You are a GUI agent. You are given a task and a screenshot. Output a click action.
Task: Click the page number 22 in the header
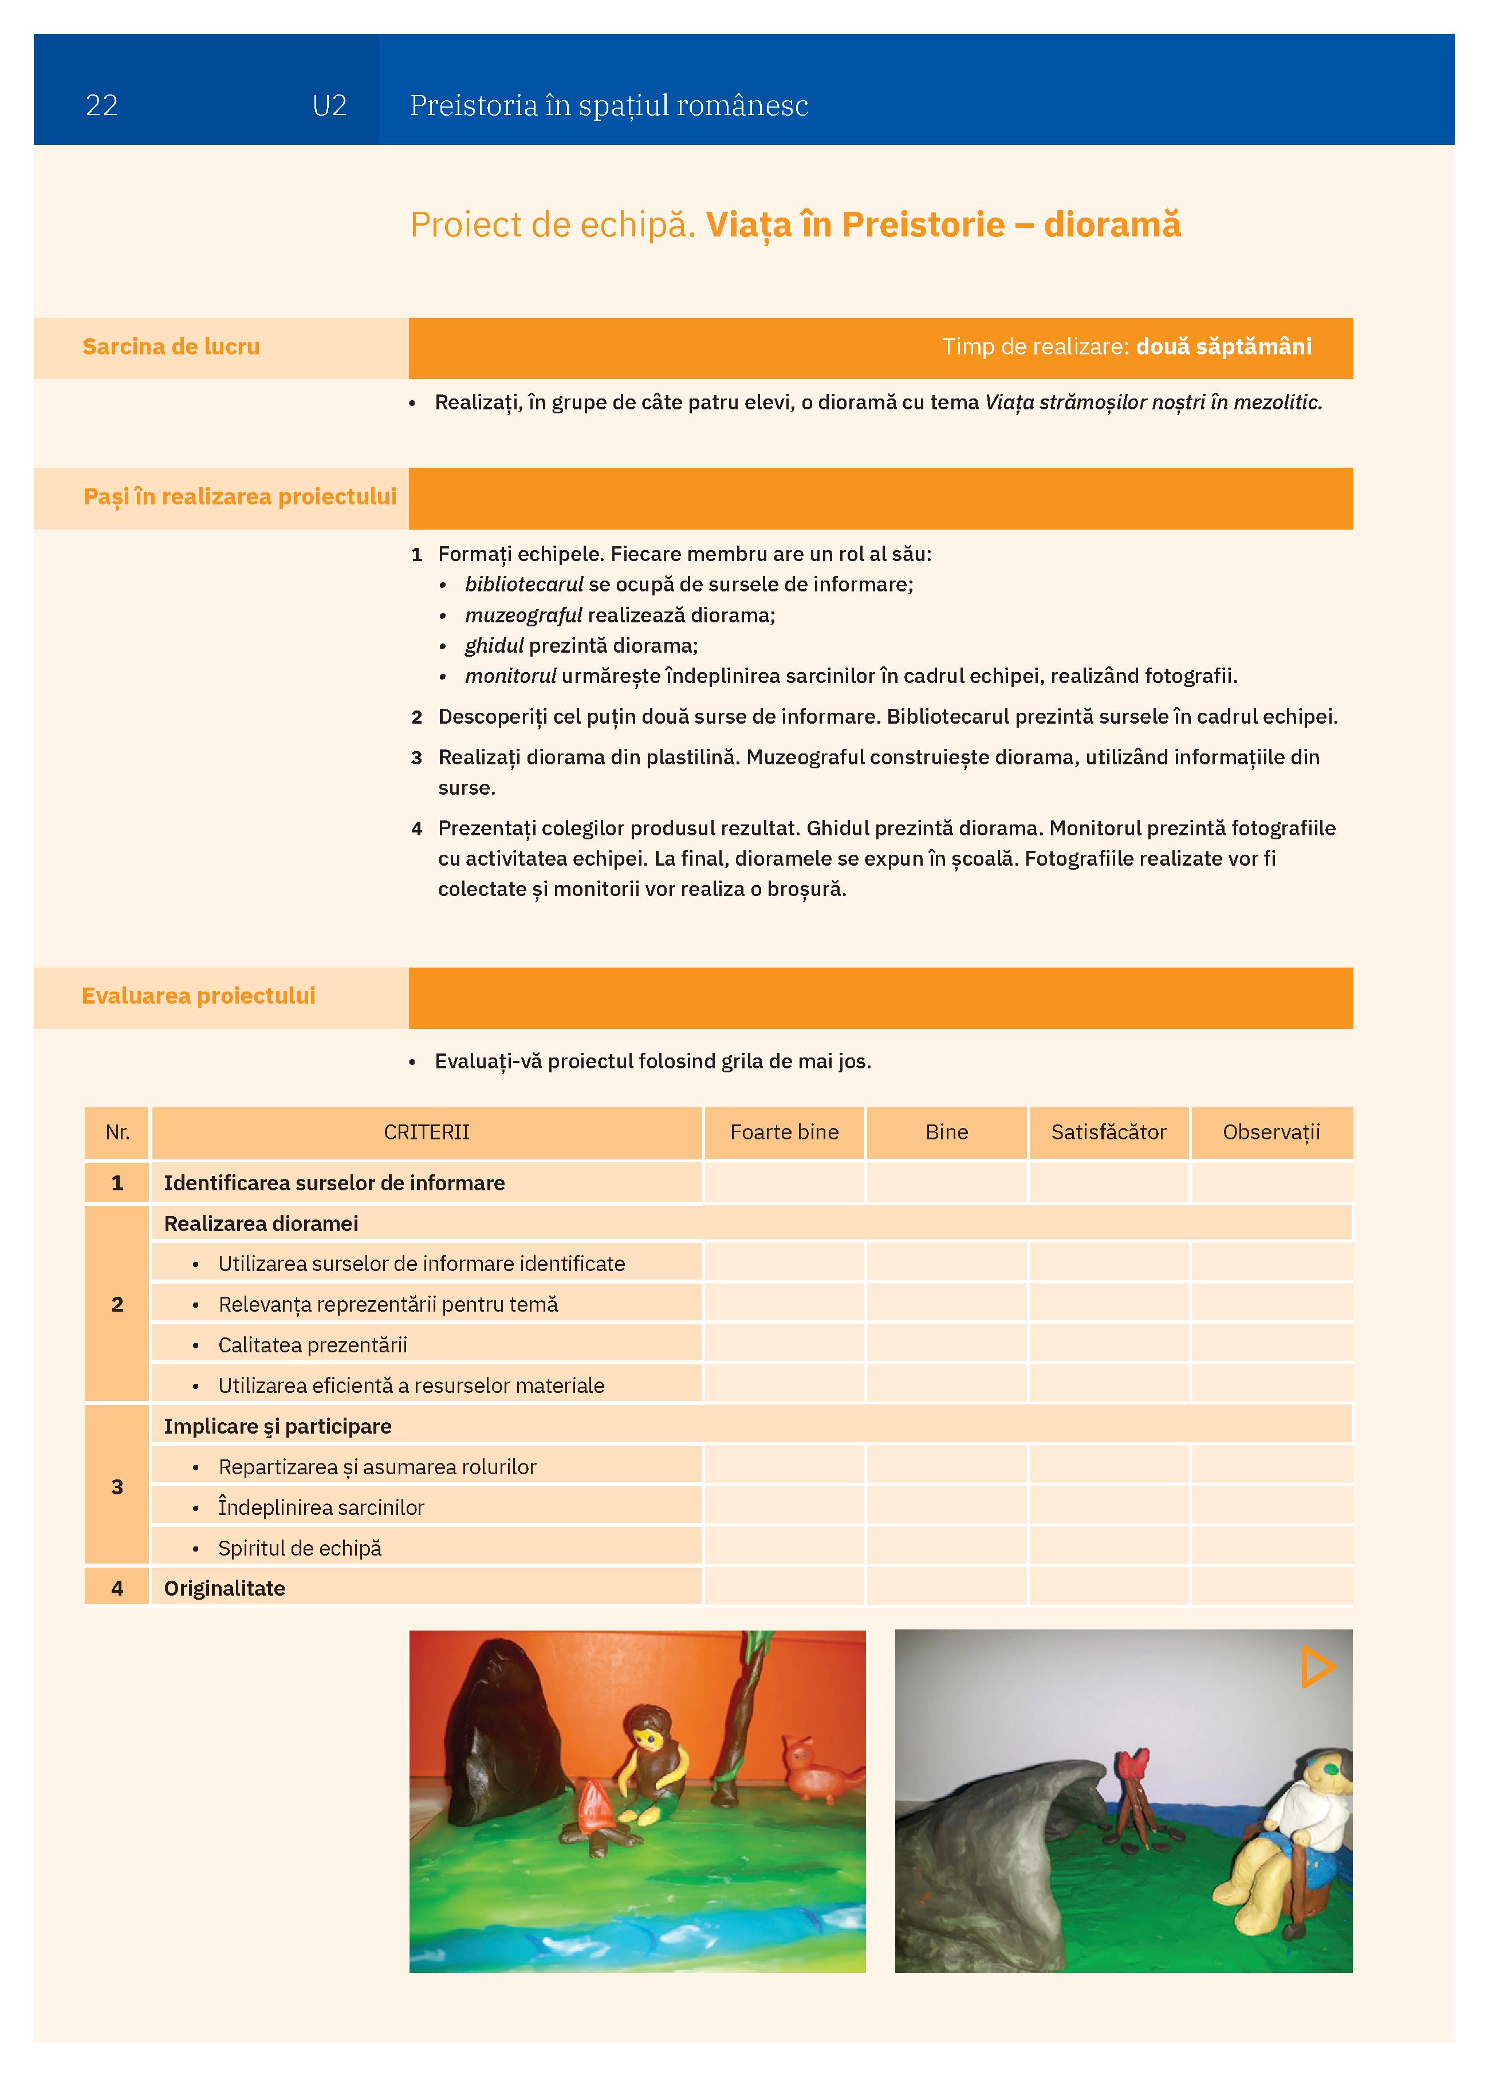pos(101,106)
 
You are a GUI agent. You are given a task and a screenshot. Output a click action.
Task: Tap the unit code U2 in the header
pos(330,106)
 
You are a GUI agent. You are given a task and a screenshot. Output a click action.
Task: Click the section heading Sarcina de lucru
pos(171,347)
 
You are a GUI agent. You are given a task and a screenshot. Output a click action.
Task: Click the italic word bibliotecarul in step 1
pos(523,584)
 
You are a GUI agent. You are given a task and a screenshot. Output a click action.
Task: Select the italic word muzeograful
pos(523,615)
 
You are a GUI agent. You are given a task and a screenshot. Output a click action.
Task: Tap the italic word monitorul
pos(510,676)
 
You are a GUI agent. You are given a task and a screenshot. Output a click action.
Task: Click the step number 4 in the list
pos(416,829)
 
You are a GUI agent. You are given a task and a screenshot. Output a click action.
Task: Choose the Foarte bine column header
pos(784,1132)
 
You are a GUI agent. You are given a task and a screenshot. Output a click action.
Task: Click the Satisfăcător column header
pos(1108,1132)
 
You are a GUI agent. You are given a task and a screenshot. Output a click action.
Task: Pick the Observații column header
pos(1271,1132)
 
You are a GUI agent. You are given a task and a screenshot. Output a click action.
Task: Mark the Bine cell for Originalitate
pos(946,1588)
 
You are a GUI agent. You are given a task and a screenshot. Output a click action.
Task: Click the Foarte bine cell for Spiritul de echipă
pos(784,1548)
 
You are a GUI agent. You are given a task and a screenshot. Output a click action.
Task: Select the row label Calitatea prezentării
pos(312,1345)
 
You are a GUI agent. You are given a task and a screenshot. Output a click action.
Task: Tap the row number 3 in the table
pos(117,1486)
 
